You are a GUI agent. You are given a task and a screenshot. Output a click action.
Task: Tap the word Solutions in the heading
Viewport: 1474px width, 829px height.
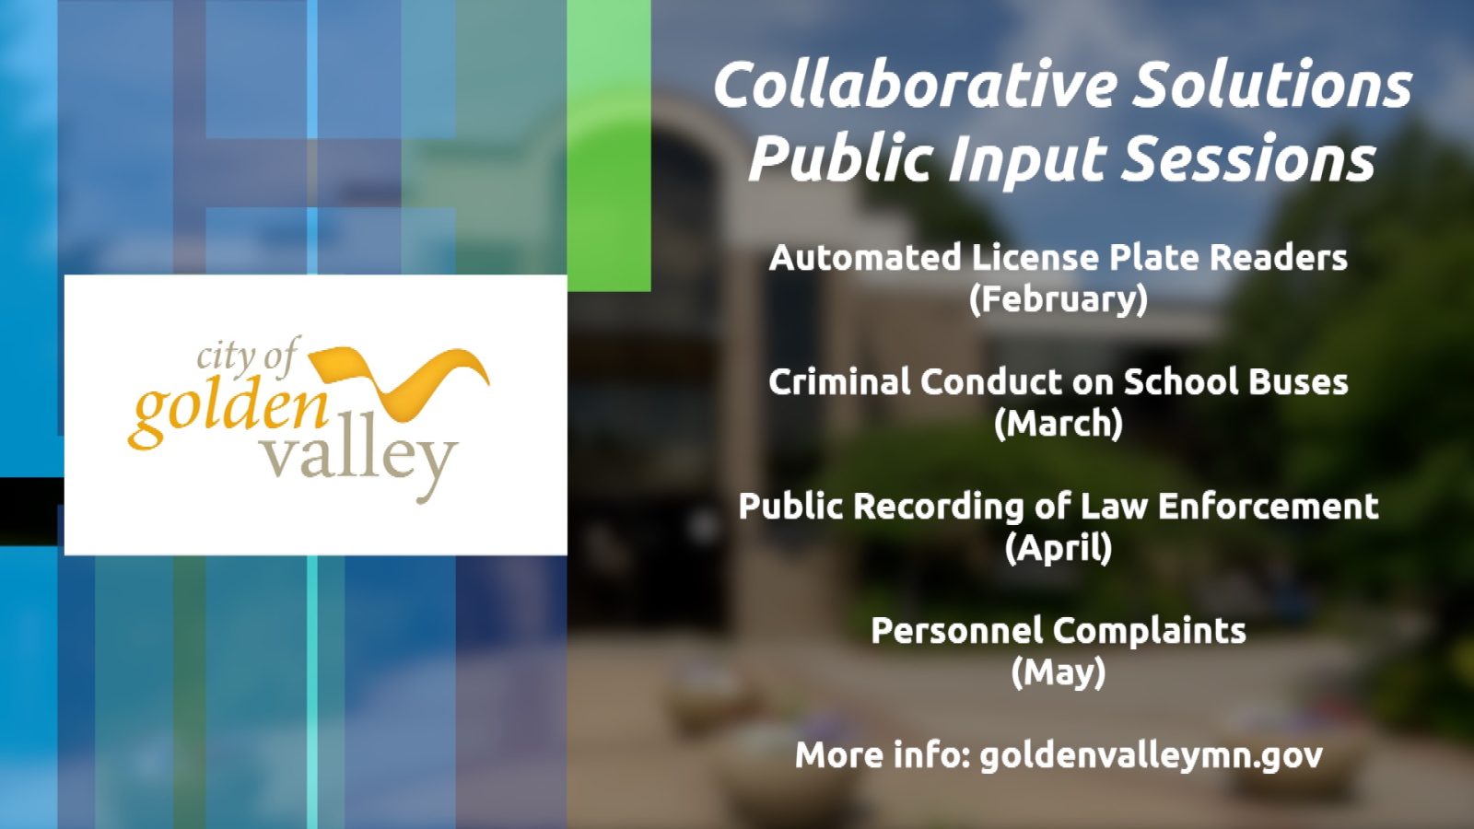1272,85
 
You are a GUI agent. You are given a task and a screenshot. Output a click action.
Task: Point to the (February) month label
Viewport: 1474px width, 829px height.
1059,299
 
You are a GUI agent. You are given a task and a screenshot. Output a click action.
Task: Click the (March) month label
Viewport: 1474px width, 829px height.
1059,423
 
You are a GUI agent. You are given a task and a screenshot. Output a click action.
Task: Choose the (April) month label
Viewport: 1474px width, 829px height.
1059,547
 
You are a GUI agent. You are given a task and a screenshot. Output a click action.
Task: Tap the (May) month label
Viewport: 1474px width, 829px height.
1059,671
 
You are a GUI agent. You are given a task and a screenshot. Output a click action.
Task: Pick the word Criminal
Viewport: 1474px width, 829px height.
838,381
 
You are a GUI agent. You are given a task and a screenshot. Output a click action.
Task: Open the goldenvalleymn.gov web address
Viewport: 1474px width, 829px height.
1151,756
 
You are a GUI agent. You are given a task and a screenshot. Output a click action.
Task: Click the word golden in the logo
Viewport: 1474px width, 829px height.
228,415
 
